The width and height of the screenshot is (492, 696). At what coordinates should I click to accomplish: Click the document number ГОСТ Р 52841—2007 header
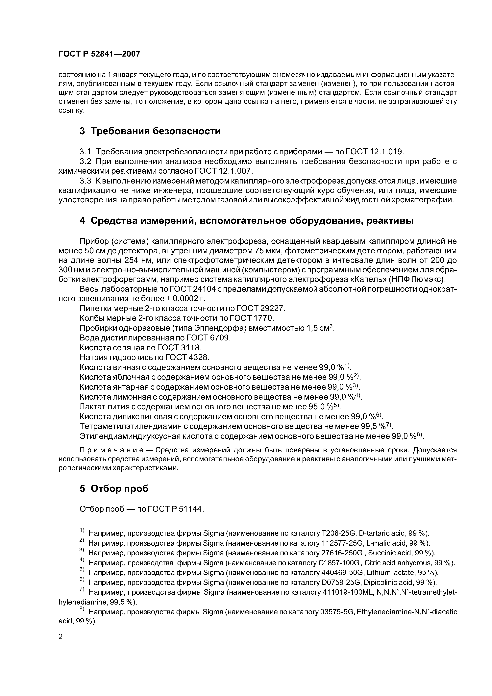click(x=99, y=54)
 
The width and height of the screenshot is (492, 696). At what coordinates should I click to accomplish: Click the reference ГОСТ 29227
click(x=261, y=308)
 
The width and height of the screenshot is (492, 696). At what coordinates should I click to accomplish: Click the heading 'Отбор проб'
click(x=119, y=489)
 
